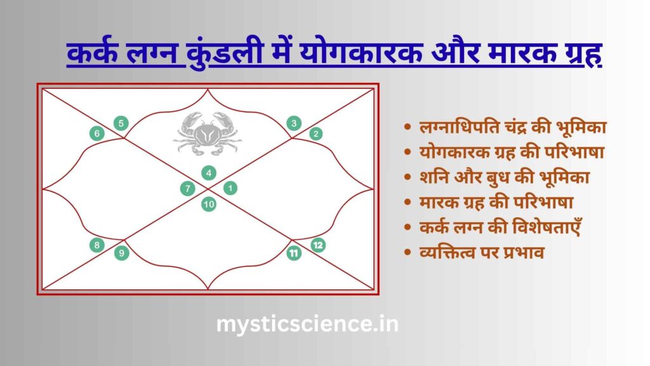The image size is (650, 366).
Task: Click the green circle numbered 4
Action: coord(208,173)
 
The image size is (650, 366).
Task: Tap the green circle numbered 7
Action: coord(188,188)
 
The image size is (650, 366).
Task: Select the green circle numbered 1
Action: coord(230,188)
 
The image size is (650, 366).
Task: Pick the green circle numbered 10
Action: coord(208,204)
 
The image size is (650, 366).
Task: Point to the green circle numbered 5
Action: coord(121,123)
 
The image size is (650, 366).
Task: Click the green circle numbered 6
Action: coord(97,133)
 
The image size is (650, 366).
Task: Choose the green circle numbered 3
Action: coord(294,123)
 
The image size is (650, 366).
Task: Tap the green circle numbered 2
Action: coord(316,133)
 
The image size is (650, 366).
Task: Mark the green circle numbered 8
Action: coord(97,245)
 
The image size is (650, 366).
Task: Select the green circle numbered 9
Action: coord(121,253)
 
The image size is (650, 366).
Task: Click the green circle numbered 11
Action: coord(294,253)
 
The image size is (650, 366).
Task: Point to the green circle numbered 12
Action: coord(318,245)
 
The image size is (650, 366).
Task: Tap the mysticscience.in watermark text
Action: coord(307,324)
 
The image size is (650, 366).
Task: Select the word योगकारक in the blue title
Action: coord(361,53)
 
